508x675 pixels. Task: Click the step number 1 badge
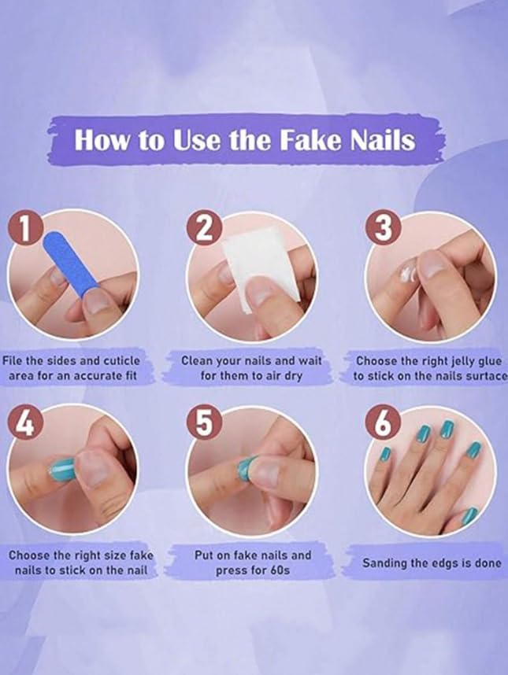click(28, 229)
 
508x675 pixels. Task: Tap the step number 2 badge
click(204, 230)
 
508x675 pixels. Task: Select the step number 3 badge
click(384, 229)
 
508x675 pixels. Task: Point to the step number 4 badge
click(26, 425)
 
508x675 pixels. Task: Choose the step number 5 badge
click(204, 425)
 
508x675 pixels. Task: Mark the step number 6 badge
click(384, 425)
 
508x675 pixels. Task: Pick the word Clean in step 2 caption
click(198, 361)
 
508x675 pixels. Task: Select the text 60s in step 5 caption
click(278, 570)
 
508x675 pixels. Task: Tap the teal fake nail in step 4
click(62, 470)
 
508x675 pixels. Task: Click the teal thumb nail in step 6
click(469, 516)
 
